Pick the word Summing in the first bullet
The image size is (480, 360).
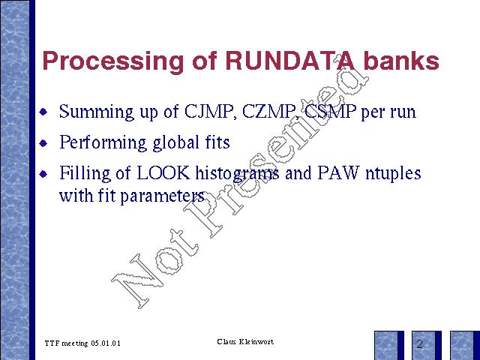click(97, 112)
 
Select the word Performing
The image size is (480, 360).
click(103, 142)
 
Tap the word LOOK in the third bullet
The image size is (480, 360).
click(163, 173)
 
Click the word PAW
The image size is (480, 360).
click(337, 173)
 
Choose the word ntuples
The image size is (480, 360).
click(393, 174)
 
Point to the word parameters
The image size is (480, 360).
click(162, 196)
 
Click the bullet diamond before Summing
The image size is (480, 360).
click(43, 112)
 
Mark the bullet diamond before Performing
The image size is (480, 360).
click(43, 143)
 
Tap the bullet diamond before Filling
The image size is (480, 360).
click(43, 174)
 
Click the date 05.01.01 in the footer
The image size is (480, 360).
click(106, 343)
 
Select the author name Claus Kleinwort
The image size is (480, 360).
click(245, 342)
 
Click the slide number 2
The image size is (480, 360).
click(419, 344)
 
